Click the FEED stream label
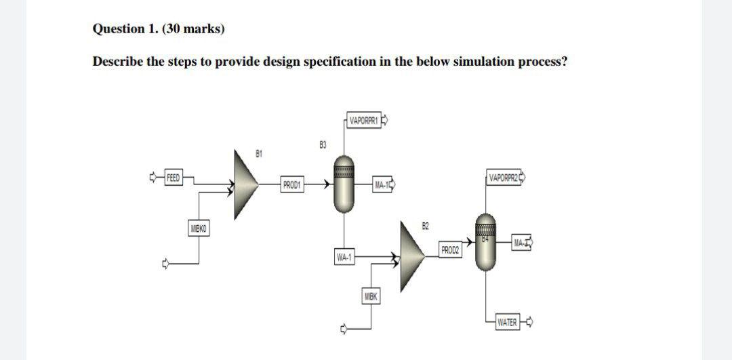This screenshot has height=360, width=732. (x=174, y=178)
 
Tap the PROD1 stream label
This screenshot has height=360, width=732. (x=293, y=184)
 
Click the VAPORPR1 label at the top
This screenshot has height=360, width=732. (x=364, y=121)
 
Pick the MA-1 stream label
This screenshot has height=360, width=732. (x=382, y=184)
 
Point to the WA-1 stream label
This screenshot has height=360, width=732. (x=344, y=257)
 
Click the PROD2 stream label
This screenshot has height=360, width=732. (x=450, y=250)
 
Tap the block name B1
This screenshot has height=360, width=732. (x=258, y=154)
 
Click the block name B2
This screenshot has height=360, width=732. (x=425, y=225)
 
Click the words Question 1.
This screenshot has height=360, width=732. (x=119, y=29)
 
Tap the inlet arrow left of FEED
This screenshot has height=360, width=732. (x=153, y=178)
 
